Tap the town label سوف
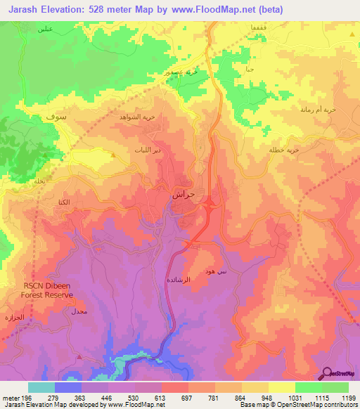click(55, 116)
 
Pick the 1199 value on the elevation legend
click(348, 398)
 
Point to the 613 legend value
click(162, 398)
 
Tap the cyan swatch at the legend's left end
click(41, 387)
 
